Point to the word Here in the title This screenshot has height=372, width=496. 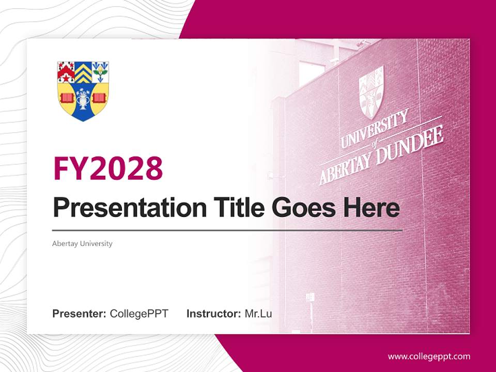pos(371,208)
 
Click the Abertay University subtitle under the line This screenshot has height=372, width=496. pos(82,243)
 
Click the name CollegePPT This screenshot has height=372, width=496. pos(139,314)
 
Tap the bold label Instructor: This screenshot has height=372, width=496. pos(213,314)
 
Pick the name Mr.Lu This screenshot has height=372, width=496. pos(258,314)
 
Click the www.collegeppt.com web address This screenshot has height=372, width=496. pos(429,357)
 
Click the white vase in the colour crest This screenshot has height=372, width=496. pos(83,99)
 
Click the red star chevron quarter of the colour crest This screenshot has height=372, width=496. pos(66,71)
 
